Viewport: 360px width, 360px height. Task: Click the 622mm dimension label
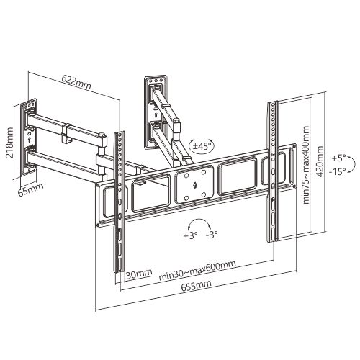click(76, 81)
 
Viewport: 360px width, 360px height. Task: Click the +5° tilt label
click(338, 158)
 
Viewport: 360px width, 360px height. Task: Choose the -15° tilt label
click(337, 171)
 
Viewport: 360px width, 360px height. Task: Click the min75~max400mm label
click(305, 165)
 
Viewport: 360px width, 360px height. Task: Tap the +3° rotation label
click(190, 235)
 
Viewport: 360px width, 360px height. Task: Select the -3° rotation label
click(212, 234)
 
